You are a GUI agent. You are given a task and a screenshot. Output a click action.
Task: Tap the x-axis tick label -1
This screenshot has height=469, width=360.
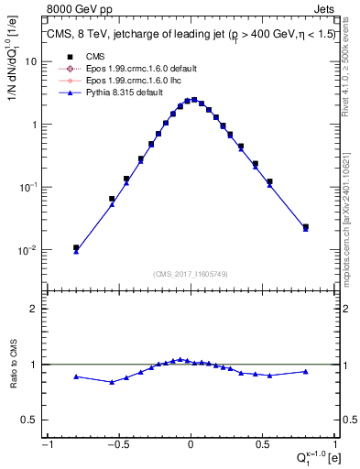[x=46, y=444]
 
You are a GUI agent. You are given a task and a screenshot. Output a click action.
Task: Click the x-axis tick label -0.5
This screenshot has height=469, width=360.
[x=117, y=444]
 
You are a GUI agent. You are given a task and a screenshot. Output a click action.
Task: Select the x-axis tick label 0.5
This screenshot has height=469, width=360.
[x=263, y=444]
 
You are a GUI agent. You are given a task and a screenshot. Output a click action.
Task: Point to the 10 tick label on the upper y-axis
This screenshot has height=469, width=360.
[x=32, y=61]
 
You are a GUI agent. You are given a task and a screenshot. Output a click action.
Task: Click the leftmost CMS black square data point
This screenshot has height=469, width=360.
[x=76, y=247]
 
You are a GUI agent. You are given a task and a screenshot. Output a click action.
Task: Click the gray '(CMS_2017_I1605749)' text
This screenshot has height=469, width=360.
[x=191, y=274]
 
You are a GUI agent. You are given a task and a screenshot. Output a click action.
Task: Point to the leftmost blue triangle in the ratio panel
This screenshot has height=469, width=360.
[x=76, y=376]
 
